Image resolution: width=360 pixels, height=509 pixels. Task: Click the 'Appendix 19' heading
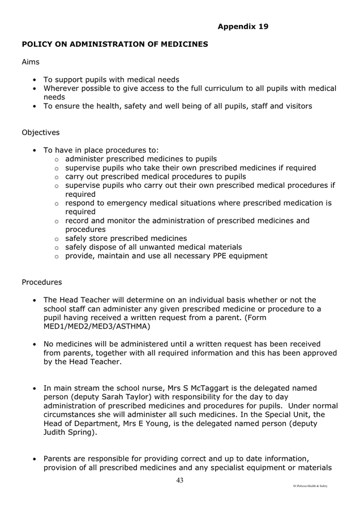243,26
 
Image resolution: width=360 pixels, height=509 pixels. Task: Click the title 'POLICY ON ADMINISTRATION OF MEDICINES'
115,44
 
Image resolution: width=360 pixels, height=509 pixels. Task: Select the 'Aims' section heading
31,62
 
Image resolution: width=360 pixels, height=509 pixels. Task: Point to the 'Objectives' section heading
40,132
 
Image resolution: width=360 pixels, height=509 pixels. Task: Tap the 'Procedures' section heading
42,282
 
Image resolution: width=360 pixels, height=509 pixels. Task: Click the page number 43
180,480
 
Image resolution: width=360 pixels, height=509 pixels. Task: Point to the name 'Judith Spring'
70,433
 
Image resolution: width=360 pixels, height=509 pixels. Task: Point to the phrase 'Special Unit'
289,415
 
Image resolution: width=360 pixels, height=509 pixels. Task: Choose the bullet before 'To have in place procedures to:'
35,150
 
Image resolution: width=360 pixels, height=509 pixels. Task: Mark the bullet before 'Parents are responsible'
35,459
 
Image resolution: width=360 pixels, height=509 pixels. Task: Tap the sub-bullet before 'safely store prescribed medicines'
57,239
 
